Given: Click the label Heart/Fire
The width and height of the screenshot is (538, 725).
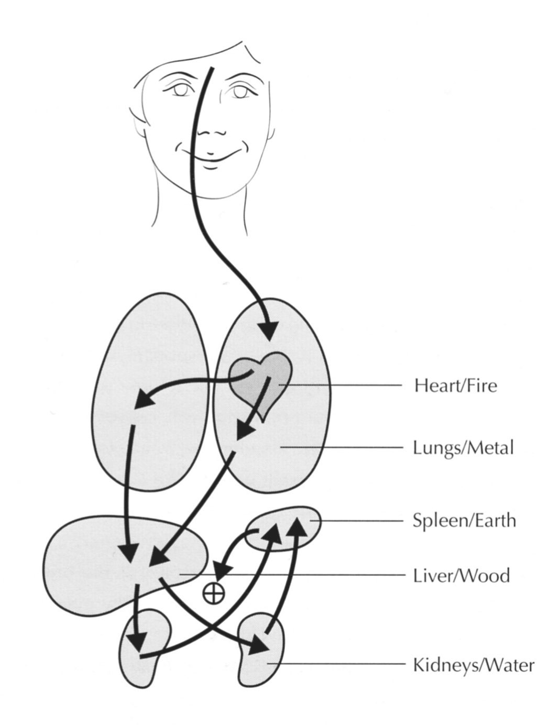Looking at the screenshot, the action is [x=456, y=386].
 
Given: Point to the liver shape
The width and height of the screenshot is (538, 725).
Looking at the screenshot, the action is [x=124, y=565].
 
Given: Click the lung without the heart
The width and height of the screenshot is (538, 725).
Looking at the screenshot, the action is [x=150, y=392].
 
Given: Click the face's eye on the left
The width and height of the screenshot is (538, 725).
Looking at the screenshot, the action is [x=181, y=90].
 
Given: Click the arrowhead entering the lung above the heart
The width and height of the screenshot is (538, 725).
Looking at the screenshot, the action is [x=268, y=331].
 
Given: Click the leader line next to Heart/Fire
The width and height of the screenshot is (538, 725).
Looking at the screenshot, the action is [x=340, y=386].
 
